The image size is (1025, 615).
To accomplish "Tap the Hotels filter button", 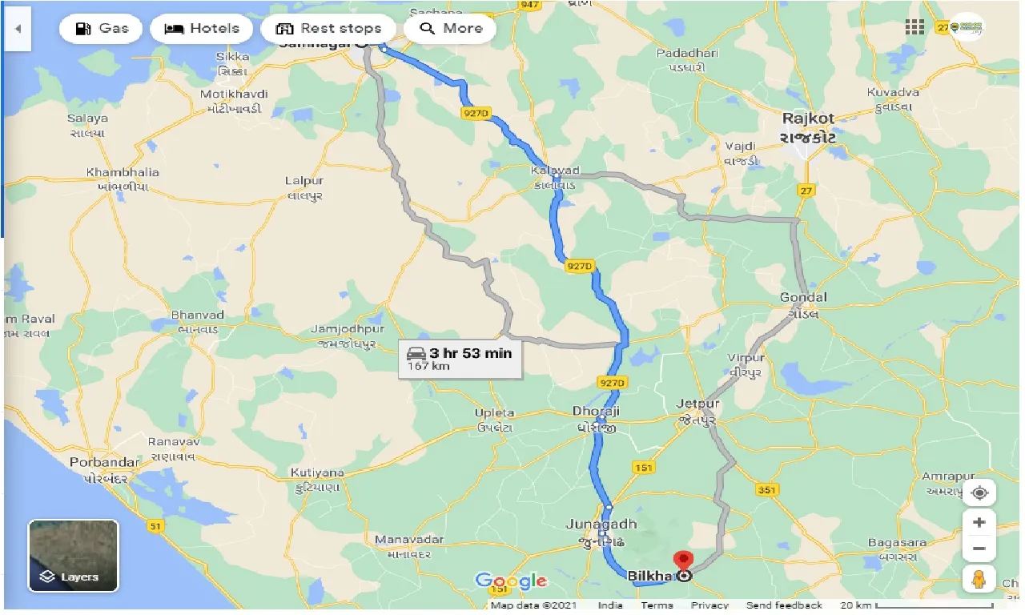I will (x=201, y=29).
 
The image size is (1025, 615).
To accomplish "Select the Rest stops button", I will (x=328, y=29).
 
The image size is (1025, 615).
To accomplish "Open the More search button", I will (x=450, y=29).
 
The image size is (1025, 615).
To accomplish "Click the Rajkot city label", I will (x=808, y=119).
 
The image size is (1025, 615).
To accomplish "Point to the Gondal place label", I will (x=802, y=298).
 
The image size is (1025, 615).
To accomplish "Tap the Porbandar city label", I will (x=94, y=463).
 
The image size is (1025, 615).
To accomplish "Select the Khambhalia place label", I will (x=123, y=172).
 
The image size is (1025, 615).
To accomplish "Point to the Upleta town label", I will (x=494, y=413).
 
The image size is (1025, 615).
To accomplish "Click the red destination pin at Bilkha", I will (x=683, y=560).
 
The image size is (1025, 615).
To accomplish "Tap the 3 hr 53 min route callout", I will (x=460, y=358).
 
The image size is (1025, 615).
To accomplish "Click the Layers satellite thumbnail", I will (x=74, y=556).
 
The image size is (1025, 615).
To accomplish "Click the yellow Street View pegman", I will (x=979, y=578).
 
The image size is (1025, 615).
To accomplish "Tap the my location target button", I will (x=979, y=493).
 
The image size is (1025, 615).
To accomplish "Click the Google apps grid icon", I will (x=914, y=27).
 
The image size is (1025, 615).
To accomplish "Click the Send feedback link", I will (x=783, y=605).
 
